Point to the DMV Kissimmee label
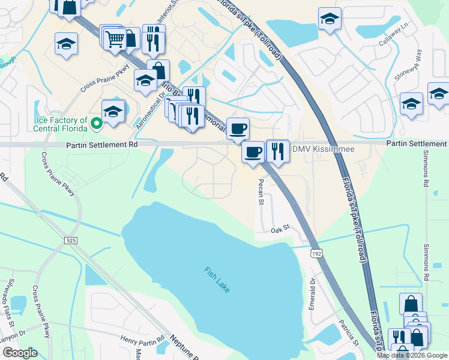[322, 149]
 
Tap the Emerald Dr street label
[312, 293]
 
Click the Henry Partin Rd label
[142, 340]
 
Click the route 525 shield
[71, 240]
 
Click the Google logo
[19, 353]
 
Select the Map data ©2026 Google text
[412, 355]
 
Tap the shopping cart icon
[115, 39]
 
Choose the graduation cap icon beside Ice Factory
[112, 112]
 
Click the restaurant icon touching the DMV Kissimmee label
[277, 150]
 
